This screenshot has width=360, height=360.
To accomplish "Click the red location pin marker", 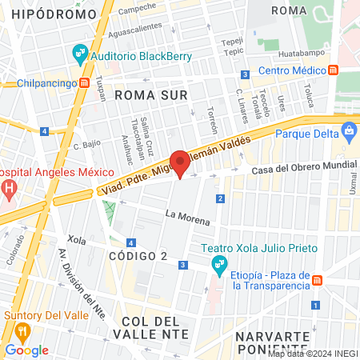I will click(180, 164).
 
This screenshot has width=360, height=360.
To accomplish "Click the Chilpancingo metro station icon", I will click(85, 82).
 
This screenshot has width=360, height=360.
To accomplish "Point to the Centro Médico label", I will click(294, 70).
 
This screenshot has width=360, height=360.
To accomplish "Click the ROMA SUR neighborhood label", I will click(150, 95).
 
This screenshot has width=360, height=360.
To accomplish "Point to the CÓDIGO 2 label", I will click(138, 256).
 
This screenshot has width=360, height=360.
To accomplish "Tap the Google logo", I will click(27, 350).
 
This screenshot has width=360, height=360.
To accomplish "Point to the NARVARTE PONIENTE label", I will click(272, 342).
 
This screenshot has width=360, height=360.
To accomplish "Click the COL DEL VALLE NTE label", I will click(156, 326).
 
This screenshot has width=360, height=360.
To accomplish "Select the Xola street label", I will click(77, 239).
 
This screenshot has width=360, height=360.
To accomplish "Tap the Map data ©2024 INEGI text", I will click(313, 353).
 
